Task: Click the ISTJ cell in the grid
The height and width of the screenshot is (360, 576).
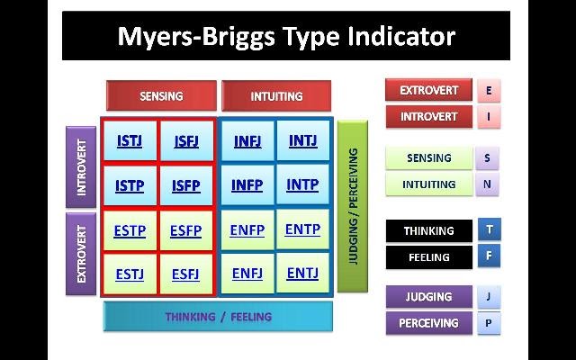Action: [130, 140]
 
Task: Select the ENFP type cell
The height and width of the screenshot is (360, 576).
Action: [247, 229]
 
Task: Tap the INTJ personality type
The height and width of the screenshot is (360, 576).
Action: [302, 140]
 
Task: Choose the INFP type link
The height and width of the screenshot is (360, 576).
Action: [247, 185]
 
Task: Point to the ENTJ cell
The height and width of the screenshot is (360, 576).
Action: [302, 272]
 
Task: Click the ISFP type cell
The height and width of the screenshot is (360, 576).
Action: [185, 186]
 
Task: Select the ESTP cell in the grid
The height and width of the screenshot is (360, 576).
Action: [130, 230]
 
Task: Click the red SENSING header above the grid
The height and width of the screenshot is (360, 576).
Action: [161, 96]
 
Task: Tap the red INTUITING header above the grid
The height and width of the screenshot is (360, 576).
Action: [275, 96]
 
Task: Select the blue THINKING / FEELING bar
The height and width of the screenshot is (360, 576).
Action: [218, 316]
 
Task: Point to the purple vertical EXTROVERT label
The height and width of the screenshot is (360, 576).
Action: [82, 254]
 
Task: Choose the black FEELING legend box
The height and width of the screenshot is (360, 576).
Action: [428, 256]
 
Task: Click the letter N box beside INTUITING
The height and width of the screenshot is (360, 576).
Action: [488, 184]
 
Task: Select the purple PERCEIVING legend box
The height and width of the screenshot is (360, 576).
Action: [428, 322]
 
